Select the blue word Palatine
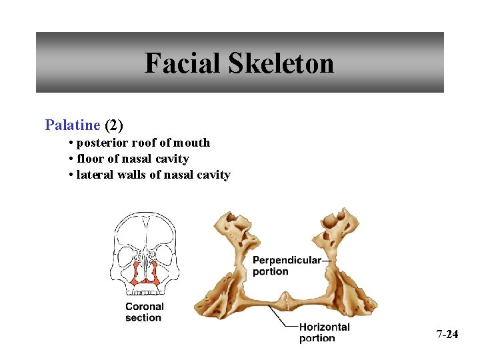click(72, 125)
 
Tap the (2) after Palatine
click(113, 125)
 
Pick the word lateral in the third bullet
click(95, 175)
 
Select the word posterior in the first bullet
click(103, 143)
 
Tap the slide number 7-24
click(447, 334)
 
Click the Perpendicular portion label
click(287, 265)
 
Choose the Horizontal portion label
click(324, 332)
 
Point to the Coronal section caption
click(144, 312)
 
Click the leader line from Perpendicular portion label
click(327, 261)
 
